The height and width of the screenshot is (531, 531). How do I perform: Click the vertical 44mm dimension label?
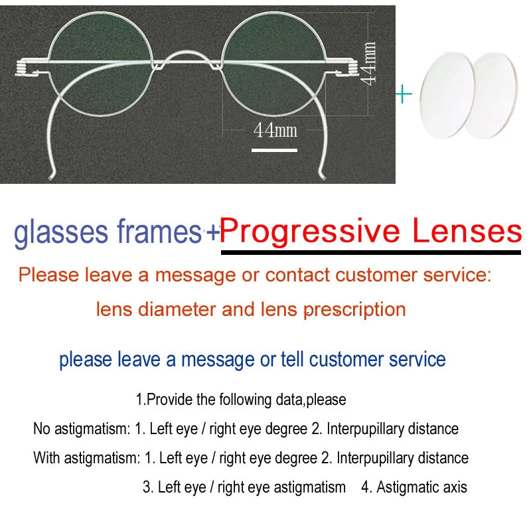tap(369, 63)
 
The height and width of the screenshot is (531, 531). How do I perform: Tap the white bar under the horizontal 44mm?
tap(274, 150)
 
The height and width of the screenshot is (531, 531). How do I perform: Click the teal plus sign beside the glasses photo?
tap(403, 94)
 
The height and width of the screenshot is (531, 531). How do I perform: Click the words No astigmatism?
tap(82, 429)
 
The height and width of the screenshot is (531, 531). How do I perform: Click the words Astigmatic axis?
tap(421, 487)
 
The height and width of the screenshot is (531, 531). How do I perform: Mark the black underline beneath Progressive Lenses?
tap(371, 251)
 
